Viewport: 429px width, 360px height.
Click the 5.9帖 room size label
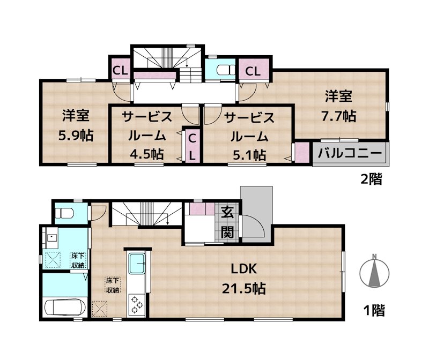[x=75, y=136]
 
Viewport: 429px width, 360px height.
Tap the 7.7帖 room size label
[x=338, y=115]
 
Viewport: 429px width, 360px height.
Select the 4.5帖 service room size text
[x=146, y=154]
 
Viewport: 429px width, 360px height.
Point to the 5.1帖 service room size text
[x=248, y=154]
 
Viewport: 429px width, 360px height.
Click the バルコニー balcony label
[x=350, y=153]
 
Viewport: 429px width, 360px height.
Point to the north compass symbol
[x=376, y=271]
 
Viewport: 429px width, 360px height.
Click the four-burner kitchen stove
[x=137, y=304]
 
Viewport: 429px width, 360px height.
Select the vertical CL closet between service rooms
[x=192, y=146]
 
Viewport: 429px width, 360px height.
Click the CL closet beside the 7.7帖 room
[x=253, y=71]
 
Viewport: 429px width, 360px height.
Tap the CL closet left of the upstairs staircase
[x=120, y=70]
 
